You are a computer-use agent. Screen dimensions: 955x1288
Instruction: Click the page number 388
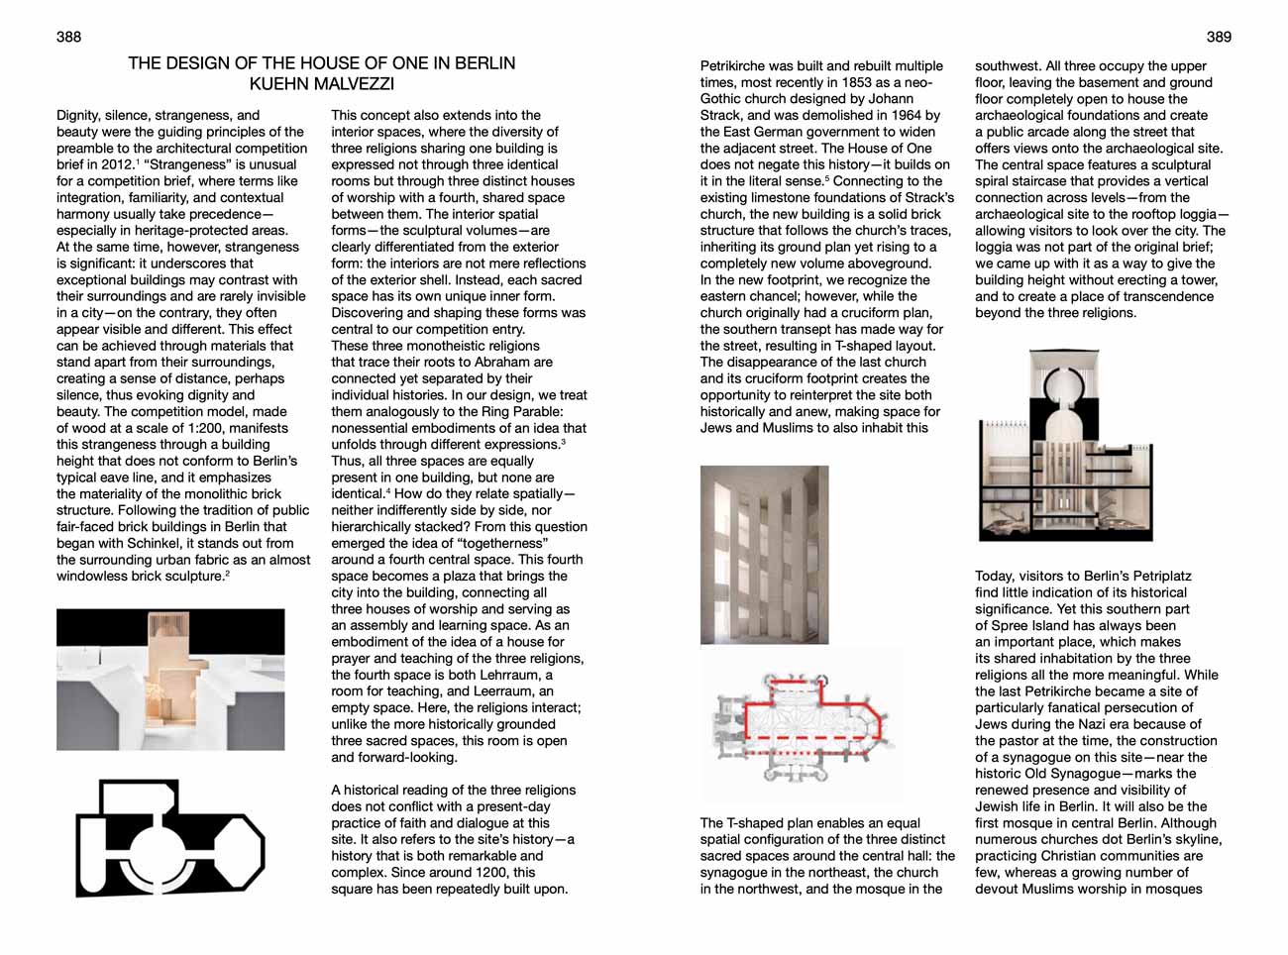coord(68,37)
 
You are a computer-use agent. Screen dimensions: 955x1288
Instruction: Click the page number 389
coord(1219,37)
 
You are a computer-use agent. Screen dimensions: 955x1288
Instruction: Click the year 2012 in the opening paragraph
coord(117,164)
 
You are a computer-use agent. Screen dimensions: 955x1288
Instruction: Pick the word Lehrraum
coord(516,675)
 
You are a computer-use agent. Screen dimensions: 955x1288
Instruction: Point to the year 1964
coord(904,115)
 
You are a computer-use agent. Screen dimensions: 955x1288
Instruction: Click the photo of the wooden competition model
coord(170,680)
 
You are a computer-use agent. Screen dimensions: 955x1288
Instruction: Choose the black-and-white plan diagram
coord(170,838)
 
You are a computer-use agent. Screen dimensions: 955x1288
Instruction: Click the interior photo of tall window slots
coord(764,555)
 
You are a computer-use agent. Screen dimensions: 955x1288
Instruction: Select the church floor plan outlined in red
coord(803,727)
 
